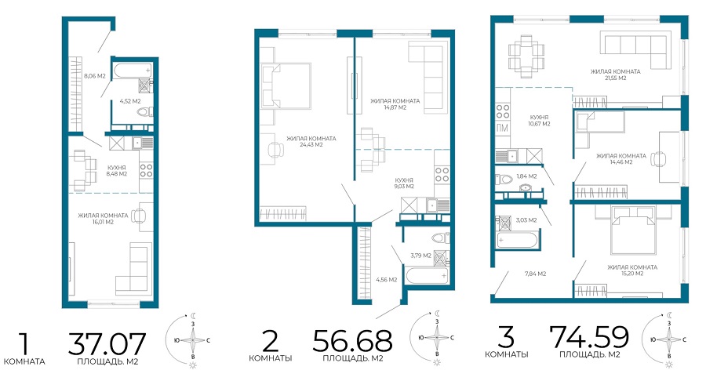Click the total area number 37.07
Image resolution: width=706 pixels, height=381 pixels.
(x=107, y=344)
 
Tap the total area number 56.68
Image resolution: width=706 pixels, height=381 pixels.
(x=352, y=340)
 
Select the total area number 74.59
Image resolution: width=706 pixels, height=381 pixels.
(x=589, y=336)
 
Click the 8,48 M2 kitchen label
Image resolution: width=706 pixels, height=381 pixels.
(x=117, y=170)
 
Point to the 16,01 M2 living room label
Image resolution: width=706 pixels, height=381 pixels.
(x=103, y=219)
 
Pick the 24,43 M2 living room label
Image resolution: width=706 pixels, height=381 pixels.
(x=311, y=142)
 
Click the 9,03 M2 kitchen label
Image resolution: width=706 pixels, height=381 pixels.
(x=404, y=183)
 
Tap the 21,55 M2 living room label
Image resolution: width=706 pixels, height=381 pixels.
(x=615, y=74)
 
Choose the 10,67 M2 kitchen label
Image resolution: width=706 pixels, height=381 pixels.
(x=539, y=121)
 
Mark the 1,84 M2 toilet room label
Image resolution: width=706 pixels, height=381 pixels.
(x=526, y=176)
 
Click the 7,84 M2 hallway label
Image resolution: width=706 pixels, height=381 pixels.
(x=535, y=274)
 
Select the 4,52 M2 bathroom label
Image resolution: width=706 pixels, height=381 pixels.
(x=130, y=101)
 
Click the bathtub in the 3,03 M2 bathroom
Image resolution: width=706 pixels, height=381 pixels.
(x=516, y=240)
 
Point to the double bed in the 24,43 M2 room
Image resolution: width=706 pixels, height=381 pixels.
(x=286, y=85)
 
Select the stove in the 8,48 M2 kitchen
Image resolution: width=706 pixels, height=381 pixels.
(x=146, y=170)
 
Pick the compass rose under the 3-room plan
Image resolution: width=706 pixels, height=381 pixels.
(x=668, y=339)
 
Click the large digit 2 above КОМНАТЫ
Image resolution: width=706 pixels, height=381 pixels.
(x=270, y=341)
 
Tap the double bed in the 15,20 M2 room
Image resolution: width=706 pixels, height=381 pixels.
(x=633, y=230)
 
